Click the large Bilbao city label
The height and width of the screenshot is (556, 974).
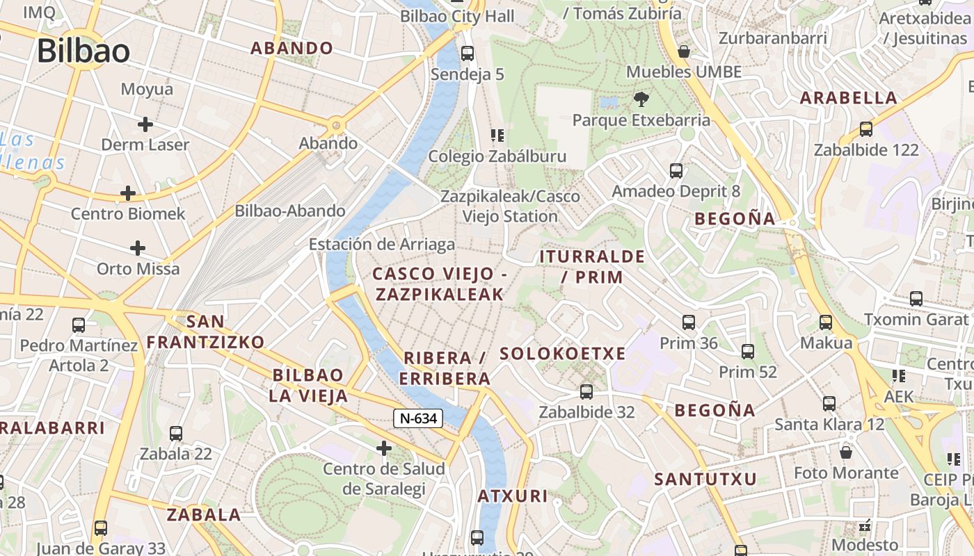pos(83,51)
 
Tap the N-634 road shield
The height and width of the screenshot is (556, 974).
pos(418,418)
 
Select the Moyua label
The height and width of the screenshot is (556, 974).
pos(147,89)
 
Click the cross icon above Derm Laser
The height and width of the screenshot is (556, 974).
pos(145,124)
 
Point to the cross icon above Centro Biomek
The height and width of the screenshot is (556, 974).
pos(128,193)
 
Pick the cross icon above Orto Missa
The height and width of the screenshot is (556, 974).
pos(138,247)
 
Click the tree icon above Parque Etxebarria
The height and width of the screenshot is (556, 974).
pos(641,99)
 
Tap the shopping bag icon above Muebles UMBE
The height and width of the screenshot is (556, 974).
pos(684,51)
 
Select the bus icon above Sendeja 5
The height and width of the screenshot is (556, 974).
pos(468,53)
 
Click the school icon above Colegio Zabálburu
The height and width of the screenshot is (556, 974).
pos(497,135)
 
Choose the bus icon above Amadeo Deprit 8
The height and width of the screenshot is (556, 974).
pos(676,170)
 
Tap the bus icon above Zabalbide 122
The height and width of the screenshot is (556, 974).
pos(866,129)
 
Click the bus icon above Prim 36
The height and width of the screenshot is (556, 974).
pos(689,322)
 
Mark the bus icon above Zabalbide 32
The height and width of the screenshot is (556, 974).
pos(586,391)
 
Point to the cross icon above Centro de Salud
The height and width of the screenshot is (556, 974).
pos(383,448)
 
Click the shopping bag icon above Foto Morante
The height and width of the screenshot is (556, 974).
pos(846,452)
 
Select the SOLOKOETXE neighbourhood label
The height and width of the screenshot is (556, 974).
pos(563,353)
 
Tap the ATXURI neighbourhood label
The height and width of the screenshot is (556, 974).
pos(513,496)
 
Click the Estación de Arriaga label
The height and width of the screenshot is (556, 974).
pos(382,244)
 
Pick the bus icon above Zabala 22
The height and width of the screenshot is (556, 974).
pos(176,433)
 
